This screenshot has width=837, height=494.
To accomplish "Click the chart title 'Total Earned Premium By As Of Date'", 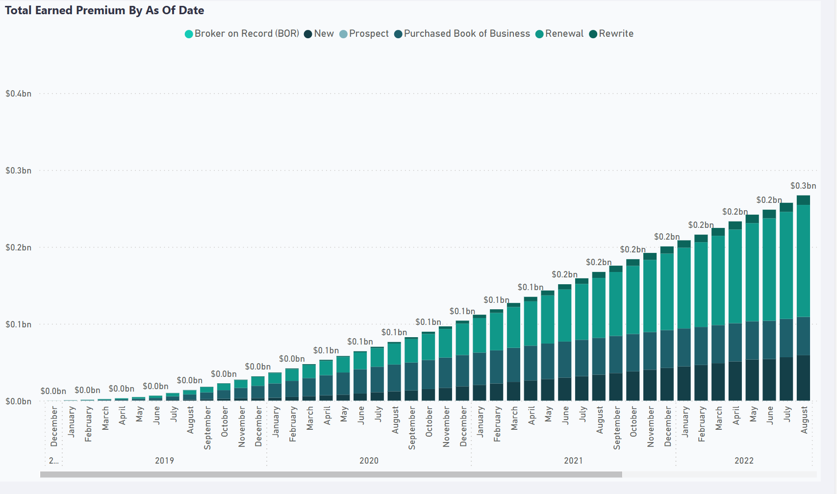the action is (x=104, y=10).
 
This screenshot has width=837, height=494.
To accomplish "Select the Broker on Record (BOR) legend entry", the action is (x=242, y=34).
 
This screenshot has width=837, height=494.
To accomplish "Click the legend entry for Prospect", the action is (x=364, y=34).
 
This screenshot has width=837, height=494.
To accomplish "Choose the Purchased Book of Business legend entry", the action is (x=462, y=34).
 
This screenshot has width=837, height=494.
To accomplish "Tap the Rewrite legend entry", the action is (x=611, y=34).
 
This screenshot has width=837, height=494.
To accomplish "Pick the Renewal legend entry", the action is (x=559, y=34).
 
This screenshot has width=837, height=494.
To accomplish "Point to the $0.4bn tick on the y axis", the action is (x=18, y=93).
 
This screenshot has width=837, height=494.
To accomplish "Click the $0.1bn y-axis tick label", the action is (x=18, y=324).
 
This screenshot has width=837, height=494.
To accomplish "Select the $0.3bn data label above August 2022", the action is (x=803, y=186).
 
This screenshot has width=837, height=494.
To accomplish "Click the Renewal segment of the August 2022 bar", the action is (x=803, y=261).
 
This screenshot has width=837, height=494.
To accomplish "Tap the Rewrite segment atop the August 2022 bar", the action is (x=803, y=200).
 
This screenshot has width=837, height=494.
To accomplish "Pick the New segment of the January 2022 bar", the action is (x=684, y=383).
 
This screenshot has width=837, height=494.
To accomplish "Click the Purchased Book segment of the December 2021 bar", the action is (x=667, y=349).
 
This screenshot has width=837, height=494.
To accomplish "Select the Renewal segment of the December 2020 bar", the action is (x=462, y=339).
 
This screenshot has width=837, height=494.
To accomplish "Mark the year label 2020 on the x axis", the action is (x=369, y=460).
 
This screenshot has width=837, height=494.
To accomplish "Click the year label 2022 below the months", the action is (x=744, y=460).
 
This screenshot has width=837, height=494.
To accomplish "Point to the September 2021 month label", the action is (x=616, y=428).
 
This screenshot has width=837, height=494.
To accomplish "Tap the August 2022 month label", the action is (x=804, y=420).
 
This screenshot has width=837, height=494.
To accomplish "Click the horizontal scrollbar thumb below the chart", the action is (x=331, y=474).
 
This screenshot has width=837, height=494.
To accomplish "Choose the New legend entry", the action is (x=319, y=34).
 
